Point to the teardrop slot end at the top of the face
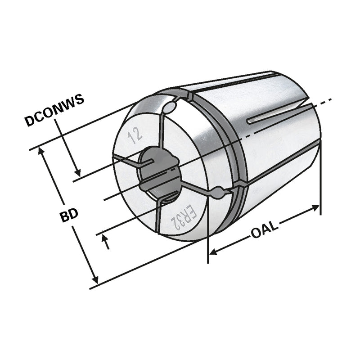[x=170, y=108]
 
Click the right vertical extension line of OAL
[x=320, y=180]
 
